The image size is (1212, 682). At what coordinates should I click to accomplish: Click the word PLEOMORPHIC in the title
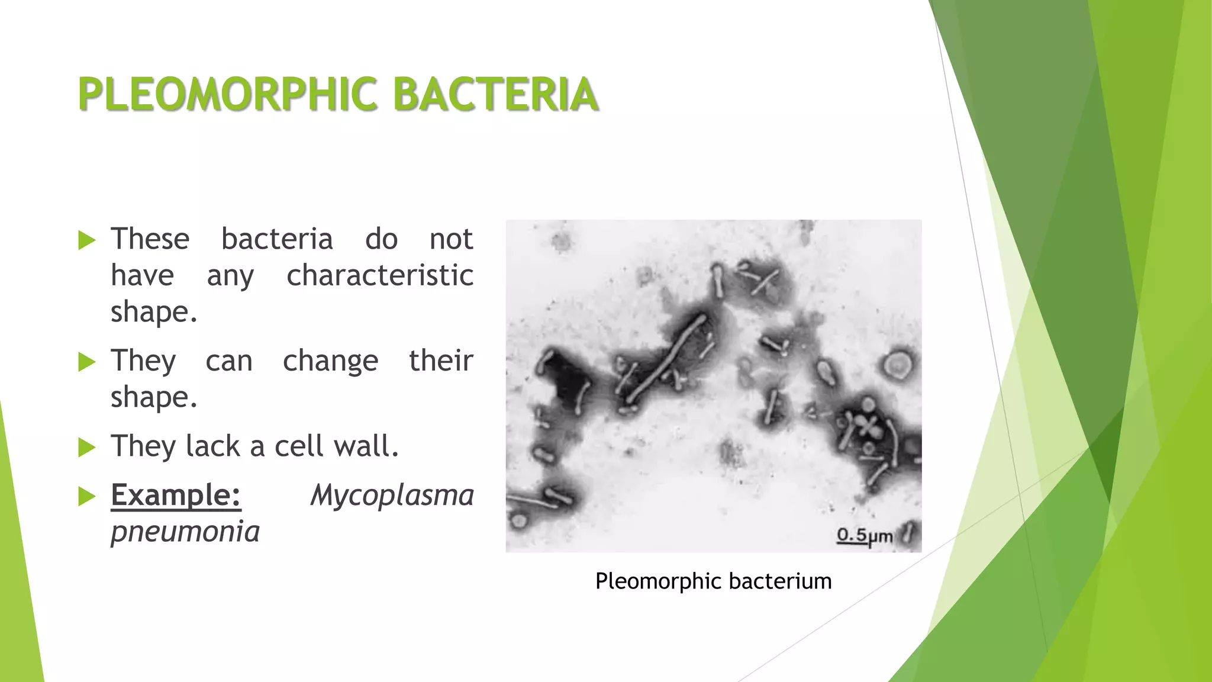click(x=228, y=95)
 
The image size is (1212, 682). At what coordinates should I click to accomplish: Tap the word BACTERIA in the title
click(x=495, y=95)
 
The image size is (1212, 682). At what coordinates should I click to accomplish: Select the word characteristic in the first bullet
click(x=380, y=276)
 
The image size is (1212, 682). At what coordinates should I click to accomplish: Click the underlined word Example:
click(x=176, y=495)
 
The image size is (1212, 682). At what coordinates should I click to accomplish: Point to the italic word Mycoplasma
click(x=392, y=495)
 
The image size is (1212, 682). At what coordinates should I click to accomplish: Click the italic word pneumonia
click(x=185, y=532)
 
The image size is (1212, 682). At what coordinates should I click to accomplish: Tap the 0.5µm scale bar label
click(x=864, y=536)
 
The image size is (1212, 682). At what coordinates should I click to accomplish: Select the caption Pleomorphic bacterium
click(x=713, y=581)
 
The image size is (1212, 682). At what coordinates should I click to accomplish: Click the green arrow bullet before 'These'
click(x=86, y=240)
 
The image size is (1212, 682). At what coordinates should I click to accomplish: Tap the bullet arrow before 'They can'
click(x=86, y=362)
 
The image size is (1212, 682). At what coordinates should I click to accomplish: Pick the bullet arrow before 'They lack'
click(x=86, y=448)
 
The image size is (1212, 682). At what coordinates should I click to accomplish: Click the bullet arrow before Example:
click(x=86, y=496)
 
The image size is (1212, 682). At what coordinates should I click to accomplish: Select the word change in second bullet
click(x=330, y=361)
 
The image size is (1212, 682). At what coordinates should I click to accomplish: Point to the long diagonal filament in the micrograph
click(x=666, y=359)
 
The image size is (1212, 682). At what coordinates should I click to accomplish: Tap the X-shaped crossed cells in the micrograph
click(x=868, y=426)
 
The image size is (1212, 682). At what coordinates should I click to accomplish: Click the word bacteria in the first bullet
click(x=277, y=239)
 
